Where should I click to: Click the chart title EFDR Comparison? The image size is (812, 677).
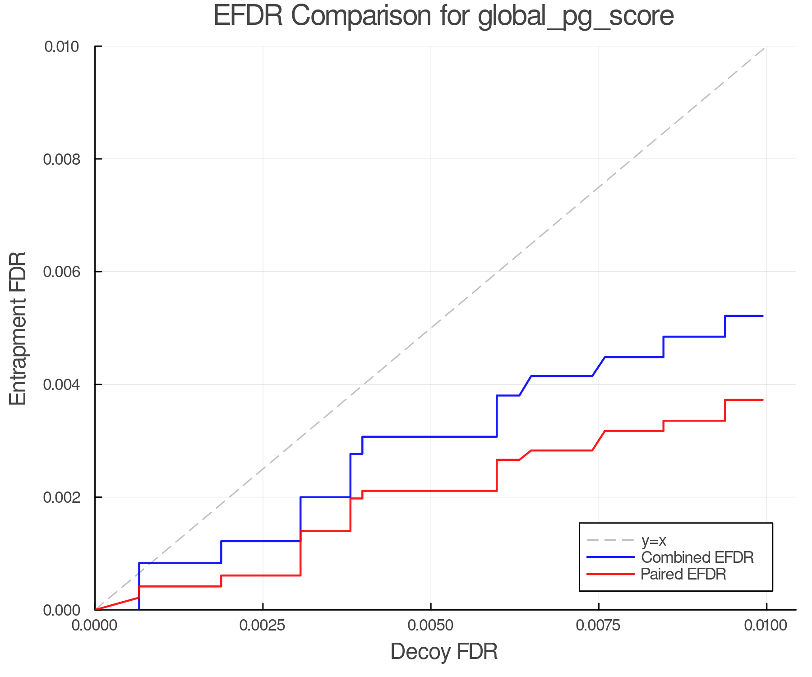343,16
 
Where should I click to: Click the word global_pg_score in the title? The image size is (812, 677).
576,16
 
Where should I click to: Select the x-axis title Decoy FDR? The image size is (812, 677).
444,652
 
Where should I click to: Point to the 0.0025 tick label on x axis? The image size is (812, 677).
263,626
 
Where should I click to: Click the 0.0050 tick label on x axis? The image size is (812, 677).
431,626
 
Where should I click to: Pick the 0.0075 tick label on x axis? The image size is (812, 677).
599,626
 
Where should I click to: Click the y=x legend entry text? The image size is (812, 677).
654,540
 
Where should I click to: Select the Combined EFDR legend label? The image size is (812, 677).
697,557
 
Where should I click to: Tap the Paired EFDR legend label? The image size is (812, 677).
683,574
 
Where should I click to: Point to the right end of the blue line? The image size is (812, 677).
762,316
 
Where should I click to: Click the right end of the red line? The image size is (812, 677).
762,400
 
